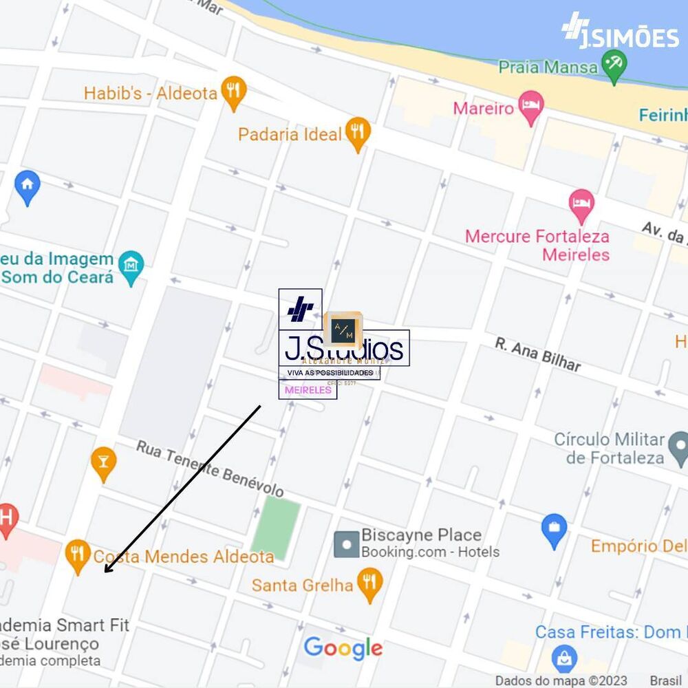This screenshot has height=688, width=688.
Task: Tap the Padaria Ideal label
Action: (290, 134)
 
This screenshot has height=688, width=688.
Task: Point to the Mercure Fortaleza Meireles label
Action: (537, 246)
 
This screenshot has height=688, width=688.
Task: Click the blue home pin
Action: (28, 186)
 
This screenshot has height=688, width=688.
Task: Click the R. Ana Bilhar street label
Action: (538, 354)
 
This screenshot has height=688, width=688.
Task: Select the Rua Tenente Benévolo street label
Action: (210, 469)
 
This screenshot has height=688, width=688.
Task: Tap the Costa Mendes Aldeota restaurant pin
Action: (77, 555)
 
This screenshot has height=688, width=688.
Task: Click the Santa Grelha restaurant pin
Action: (370, 583)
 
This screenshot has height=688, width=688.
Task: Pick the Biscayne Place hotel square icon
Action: (346, 544)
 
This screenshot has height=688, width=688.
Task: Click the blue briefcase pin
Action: (554, 530)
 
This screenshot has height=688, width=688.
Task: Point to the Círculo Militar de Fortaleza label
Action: (610, 449)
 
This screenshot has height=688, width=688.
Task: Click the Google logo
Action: (343, 648)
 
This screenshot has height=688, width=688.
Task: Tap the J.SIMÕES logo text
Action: (628, 38)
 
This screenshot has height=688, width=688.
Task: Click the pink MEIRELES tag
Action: (308, 390)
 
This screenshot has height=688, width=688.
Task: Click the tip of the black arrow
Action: (105, 572)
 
